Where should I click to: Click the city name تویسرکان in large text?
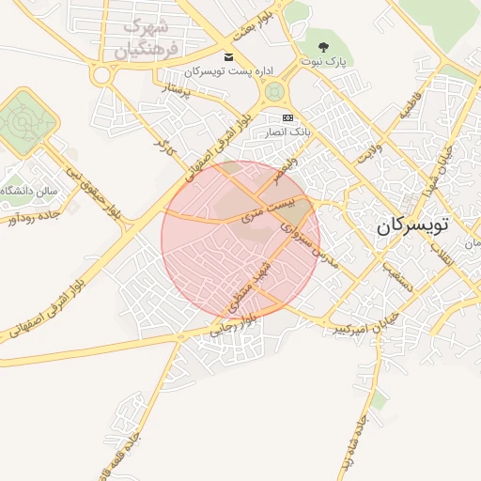coord(412,226)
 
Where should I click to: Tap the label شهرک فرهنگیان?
coord(151,39)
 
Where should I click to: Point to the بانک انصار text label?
coord(287,132)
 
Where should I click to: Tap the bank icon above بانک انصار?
coord(287,118)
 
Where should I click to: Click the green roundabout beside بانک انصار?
coord(274,91)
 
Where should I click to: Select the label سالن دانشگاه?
coord(28,191)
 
